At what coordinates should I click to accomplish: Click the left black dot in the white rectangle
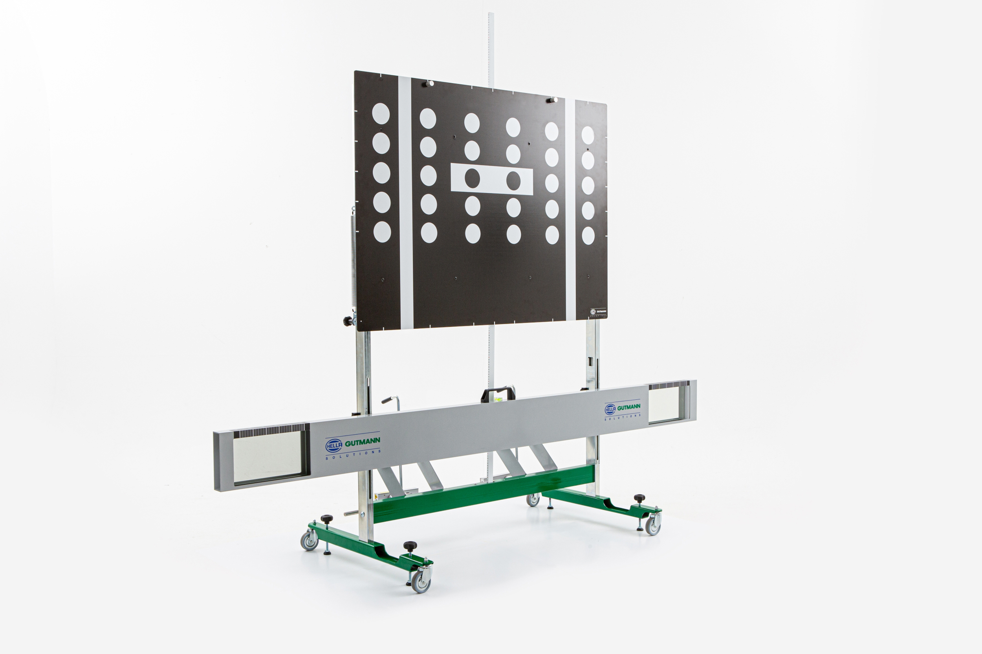coord(472,178)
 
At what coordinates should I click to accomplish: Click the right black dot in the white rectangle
coord(513,180)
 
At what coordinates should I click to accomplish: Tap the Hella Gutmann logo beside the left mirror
coord(353,445)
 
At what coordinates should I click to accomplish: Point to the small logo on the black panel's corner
coord(598,312)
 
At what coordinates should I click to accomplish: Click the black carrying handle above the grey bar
coord(498,393)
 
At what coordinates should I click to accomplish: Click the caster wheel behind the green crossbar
coord(533,500)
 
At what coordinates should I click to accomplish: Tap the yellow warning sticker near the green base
coord(376,497)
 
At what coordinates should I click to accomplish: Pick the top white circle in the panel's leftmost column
coord(381,113)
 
